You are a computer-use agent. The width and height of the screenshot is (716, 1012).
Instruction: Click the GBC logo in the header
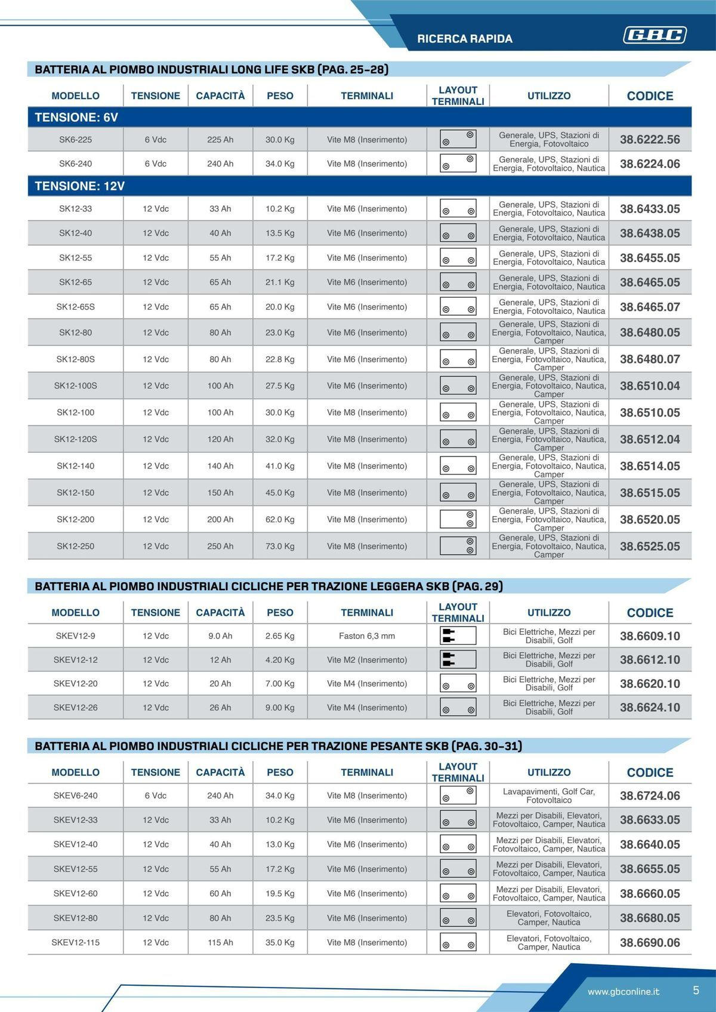tap(655, 35)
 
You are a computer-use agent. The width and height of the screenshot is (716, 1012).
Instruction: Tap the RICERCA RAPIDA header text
tap(465, 39)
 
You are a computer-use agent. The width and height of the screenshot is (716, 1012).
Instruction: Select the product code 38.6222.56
tap(650, 140)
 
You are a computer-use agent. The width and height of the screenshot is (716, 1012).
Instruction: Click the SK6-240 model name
tap(75, 163)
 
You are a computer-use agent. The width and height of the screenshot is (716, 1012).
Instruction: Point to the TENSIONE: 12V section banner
tap(80, 186)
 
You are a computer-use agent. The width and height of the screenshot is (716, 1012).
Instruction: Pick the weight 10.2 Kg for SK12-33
tap(280, 209)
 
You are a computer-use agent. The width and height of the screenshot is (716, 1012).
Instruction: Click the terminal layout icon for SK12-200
tap(458, 519)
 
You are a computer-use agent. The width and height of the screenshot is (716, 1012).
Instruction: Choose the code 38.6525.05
tap(650, 546)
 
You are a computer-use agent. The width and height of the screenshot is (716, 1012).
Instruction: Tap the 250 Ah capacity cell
tap(220, 546)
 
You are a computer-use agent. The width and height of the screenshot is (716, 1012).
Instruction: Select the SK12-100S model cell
tap(75, 385)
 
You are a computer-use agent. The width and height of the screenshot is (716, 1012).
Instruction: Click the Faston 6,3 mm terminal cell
tap(367, 636)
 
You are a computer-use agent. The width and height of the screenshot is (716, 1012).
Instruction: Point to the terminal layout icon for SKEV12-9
tap(458, 636)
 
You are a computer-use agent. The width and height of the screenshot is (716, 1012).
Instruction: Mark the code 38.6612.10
tap(650, 660)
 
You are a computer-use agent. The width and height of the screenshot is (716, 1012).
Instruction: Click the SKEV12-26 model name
tap(75, 708)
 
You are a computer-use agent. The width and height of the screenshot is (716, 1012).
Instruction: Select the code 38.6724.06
tap(650, 795)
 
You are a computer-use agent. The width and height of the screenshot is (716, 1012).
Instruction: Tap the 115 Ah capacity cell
tap(220, 943)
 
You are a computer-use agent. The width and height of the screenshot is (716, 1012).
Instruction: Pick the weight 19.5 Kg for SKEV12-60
tap(280, 893)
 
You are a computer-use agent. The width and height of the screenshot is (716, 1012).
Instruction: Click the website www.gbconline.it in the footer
tap(624, 992)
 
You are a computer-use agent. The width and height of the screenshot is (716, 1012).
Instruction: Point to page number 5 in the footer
tap(696, 991)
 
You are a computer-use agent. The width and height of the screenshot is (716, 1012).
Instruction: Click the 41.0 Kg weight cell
tap(280, 466)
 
